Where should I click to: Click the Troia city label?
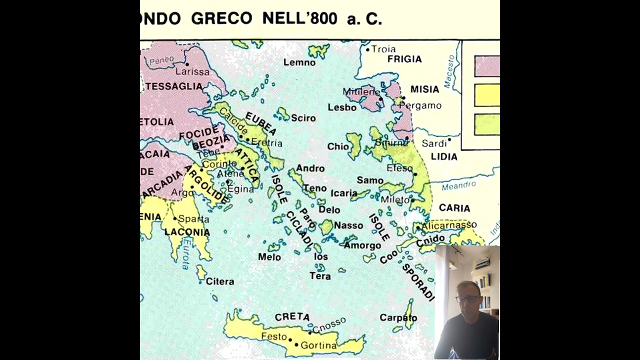[383, 49]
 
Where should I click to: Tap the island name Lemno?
[299, 62]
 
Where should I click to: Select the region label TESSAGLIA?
[174, 86]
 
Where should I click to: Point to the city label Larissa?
[192, 71]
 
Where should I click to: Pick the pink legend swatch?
[486, 66]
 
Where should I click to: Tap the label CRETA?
[292, 316]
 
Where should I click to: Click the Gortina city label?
[318, 345]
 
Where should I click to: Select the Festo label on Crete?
[274, 336]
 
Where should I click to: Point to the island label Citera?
[220, 281]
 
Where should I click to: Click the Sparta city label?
[193, 219]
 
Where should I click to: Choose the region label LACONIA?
[187, 232]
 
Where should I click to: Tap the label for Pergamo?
[420, 105]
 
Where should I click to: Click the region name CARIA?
[454, 207]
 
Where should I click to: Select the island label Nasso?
[348, 225]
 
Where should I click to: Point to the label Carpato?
[398, 317]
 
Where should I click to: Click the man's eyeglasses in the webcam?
[467, 299]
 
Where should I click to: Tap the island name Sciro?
[303, 118]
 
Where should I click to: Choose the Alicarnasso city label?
[449, 225]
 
